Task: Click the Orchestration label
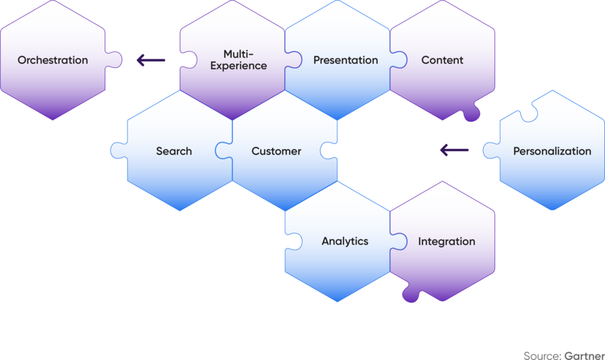(x=53, y=60)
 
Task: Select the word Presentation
(x=345, y=60)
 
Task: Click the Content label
(x=442, y=60)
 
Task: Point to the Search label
(x=174, y=151)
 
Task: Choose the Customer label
(x=276, y=151)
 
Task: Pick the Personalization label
(x=552, y=151)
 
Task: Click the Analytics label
(x=345, y=242)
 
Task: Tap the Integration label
(x=446, y=242)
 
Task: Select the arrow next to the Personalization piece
(x=454, y=150)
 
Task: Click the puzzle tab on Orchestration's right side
(x=115, y=60)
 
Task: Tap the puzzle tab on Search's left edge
(x=118, y=150)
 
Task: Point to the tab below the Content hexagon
(x=471, y=114)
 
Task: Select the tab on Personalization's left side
(x=491, y=150)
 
